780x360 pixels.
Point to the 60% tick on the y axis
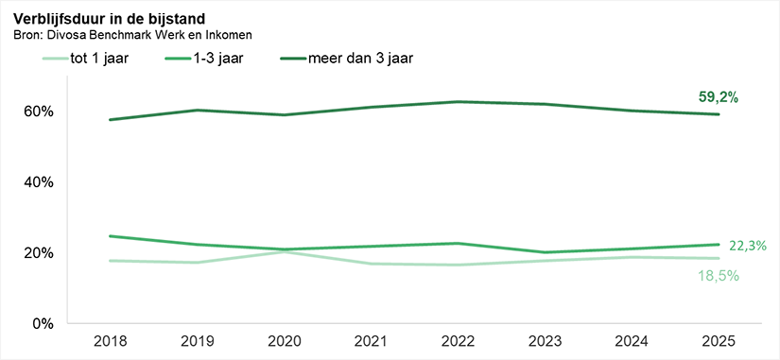coord(39,111)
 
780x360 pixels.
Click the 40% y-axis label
coord(39,182)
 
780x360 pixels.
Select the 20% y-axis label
coord(39,253)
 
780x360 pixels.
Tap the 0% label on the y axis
coord(43,323)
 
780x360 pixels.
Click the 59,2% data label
coord(716,96)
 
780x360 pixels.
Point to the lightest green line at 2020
coord(286,251)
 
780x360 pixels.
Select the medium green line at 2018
coord(112,236)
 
